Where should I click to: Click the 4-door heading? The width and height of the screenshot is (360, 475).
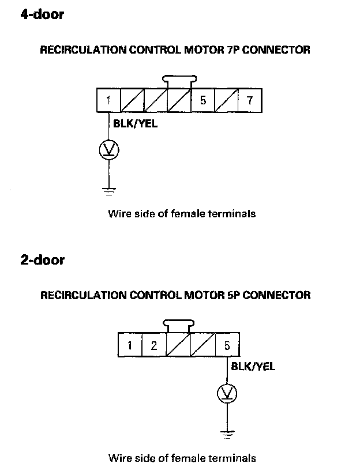point(42,14)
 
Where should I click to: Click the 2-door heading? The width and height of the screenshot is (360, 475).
point(42,259)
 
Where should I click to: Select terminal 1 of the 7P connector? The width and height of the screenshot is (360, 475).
point(108,100)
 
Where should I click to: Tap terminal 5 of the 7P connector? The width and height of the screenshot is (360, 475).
point(202,100)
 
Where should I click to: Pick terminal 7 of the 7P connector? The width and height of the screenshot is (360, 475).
point(249,100)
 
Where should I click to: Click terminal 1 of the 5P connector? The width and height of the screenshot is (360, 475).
point(130,346)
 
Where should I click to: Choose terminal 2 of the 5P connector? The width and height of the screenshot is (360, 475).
point(154,346)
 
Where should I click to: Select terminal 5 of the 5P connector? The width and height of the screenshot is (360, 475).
point(227,346)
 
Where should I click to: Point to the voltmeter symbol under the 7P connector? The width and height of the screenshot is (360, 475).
point(108,150)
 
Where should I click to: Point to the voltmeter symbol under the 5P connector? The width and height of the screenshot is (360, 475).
point(227,394)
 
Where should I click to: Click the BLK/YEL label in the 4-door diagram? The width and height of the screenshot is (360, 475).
point(136,122)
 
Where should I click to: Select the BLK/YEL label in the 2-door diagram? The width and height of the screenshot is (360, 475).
point(253,366)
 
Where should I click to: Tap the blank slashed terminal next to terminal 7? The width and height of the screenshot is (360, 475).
point(226,100)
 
